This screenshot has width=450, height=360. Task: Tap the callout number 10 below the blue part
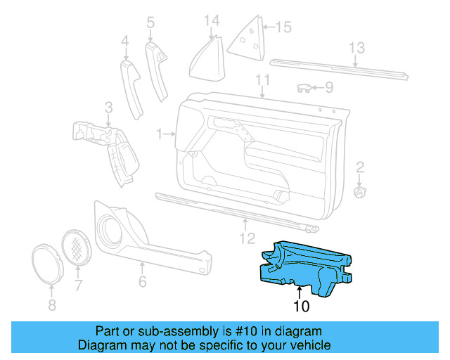pos(301,306)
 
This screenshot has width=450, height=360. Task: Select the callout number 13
pos(357,48)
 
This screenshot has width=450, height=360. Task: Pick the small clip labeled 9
pos(304,89)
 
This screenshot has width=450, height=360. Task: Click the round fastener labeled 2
pos(360,192)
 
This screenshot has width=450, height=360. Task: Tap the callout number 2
pos(360,167)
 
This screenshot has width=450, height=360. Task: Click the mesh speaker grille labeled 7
pos(77,247)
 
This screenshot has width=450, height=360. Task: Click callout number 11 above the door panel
pos(262,80)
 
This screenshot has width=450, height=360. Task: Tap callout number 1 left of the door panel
pos(160,133)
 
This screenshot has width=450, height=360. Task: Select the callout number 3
pos(108,107)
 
